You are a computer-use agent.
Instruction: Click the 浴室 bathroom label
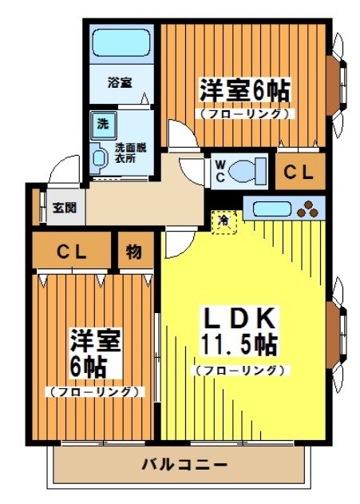click(121, 81)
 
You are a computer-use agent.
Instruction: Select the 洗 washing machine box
click(103, 124)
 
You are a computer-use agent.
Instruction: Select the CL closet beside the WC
click(300, 170)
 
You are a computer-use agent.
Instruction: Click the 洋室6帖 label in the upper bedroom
click(243, 89)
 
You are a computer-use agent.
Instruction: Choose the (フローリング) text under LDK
click(239, 371)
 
